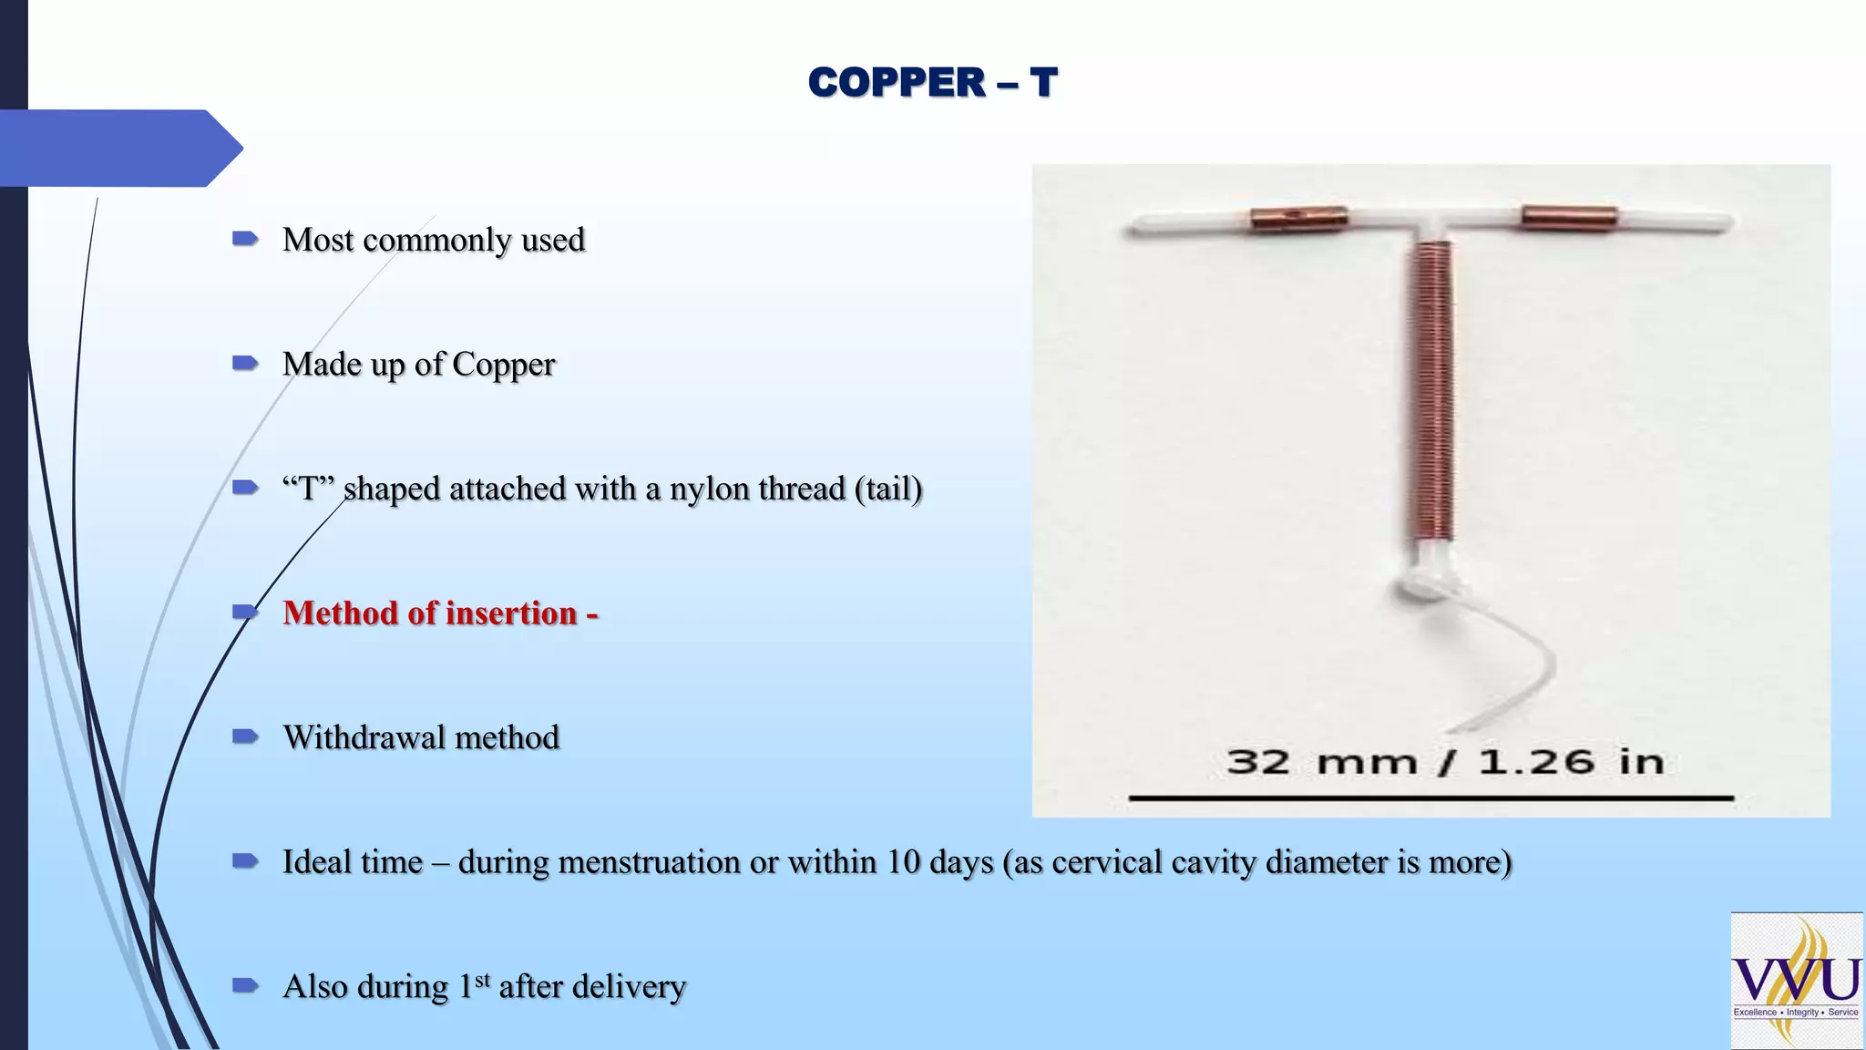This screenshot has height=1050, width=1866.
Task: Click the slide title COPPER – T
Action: point(932,82)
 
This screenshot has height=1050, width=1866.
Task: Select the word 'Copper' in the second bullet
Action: point(503,365)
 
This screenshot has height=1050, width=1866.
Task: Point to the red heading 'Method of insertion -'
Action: point(440,613)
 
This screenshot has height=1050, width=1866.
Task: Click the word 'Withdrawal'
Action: point(364,737)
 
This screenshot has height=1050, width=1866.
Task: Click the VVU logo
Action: point(1796,980)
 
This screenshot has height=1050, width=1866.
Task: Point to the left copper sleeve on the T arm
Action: point(1298,219)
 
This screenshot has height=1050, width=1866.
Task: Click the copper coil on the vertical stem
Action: point(1431,392)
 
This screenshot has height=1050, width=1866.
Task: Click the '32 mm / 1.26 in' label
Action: point(1445,762)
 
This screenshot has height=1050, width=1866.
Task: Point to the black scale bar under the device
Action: point(1430,798)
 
